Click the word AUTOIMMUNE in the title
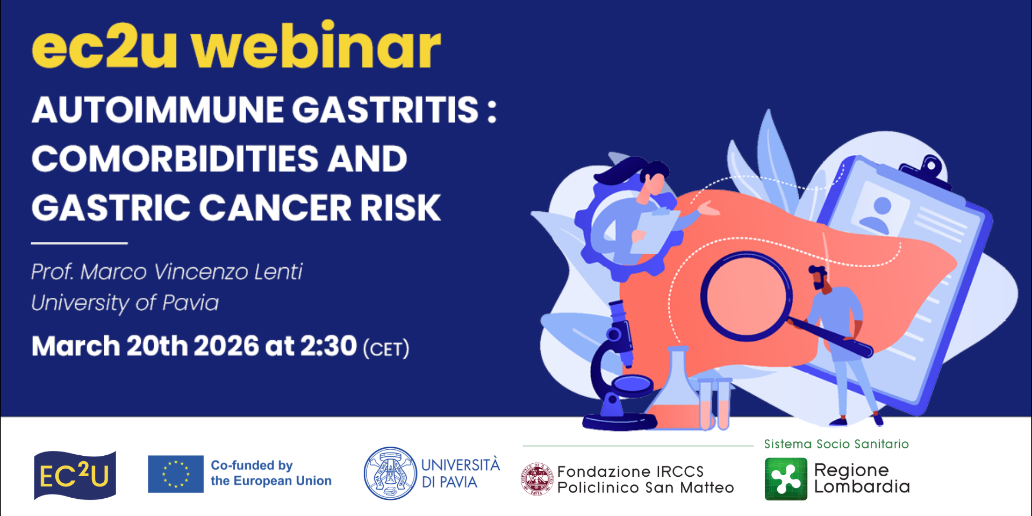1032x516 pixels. click(158, 110)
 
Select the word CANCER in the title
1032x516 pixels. click(275, 208)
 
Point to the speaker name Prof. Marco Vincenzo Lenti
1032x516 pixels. click(167, 271)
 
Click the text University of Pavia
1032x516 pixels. click(125, 303)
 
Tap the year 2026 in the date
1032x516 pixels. click(226, 346)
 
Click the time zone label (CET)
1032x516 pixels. click(386, 348)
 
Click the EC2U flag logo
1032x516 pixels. click(75, 475)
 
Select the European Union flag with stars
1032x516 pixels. click(176, 474)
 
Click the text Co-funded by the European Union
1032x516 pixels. click(271, 473)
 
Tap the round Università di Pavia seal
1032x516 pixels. click(390, 474)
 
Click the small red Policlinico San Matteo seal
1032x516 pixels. click(536, 479)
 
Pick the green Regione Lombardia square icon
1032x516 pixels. click(786, 479)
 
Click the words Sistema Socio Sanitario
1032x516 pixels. click(836, 444)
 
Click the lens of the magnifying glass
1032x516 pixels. click(746, 297)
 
